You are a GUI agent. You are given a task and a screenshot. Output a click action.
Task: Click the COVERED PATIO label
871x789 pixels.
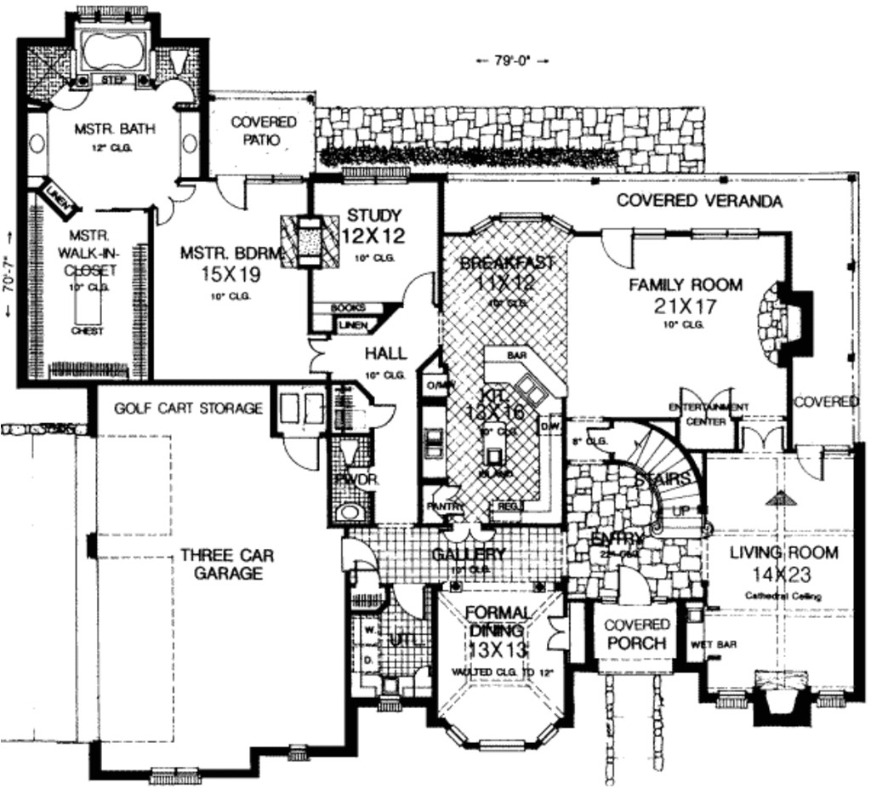(265, 130)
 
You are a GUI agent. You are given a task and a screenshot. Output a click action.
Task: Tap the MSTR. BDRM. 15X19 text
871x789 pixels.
(219, 263)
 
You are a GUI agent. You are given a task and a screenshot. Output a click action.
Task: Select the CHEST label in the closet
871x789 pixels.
(88, 331)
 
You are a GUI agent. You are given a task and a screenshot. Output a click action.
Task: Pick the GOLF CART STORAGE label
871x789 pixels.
(188, 409)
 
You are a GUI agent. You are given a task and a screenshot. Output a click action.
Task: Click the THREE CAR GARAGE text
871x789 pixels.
(227, 564)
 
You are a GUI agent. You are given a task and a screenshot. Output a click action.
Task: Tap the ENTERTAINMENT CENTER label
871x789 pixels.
(709, 415)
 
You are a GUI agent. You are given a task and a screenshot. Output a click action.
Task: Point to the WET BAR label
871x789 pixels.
(714, 645)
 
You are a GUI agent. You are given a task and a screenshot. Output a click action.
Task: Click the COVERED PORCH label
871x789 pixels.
(635, 635)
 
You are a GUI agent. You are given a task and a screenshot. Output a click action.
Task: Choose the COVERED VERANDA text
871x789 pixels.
(699, 202)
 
